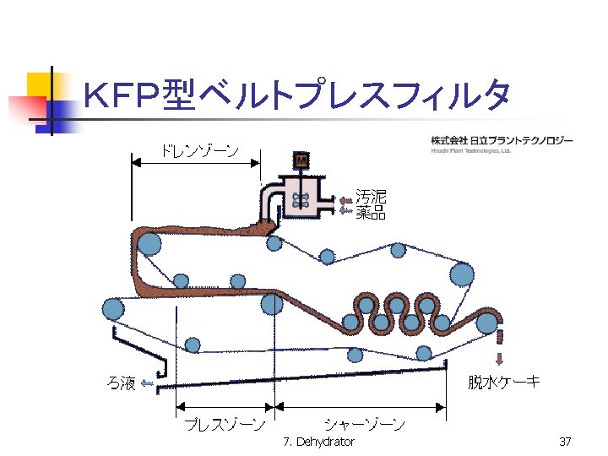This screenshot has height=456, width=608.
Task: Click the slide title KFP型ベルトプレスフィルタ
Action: [296, 96]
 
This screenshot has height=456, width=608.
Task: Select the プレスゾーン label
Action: [225, 423]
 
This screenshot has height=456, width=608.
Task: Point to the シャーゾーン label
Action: [363, 423]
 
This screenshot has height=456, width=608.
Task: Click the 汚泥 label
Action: [371, 197]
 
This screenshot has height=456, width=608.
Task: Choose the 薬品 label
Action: [371, 213]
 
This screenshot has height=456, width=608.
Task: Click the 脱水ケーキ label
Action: [504, 382]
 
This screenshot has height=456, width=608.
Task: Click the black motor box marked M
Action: [301, 160]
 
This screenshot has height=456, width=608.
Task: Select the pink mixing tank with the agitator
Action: [301, 198]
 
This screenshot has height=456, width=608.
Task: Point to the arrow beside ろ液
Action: [147, 384]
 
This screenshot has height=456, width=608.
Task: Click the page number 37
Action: [566, 442]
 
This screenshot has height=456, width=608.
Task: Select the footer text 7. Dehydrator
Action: [319, 442]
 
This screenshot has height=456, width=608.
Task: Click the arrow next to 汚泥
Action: [345, 200]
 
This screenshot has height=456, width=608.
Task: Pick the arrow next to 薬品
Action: [345, 210]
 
